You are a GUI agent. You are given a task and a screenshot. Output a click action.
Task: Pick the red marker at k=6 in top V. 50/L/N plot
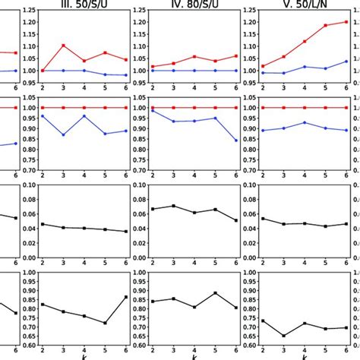click(x=346, y=22)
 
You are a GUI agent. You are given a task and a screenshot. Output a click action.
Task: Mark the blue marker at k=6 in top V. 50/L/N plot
click(x=346, y=62)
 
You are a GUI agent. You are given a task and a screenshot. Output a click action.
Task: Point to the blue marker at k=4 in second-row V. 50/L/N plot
click(x=305, y=122)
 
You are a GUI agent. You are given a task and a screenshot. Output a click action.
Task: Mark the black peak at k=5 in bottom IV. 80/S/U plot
click(x=215, y=293)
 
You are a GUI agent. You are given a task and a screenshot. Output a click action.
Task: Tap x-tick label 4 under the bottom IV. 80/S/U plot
click(x=194, y=354)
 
